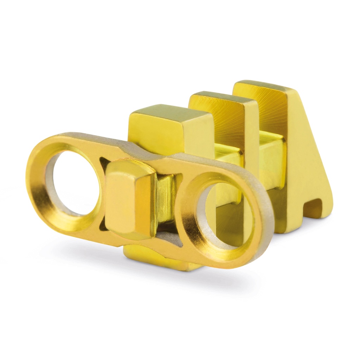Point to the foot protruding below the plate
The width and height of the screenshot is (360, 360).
158,258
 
